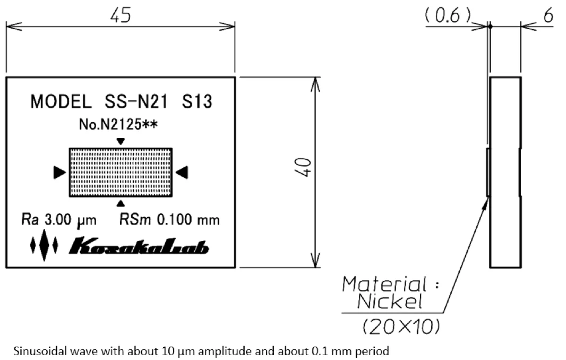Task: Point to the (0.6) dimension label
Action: click(x=448, y=16)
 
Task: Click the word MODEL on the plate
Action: click(x=60, y=101)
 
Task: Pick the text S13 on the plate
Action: click(x=197, y=101)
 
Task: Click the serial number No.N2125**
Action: click(x=119, y=125)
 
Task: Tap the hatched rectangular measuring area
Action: click(x=121, y=172)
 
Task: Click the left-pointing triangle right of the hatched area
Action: click(x=182, y=172)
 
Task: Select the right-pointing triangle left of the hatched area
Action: click(x=59, y=172)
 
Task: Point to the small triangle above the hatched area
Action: click(x=121, y=141)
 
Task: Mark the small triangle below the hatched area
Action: click(x=121, y=202)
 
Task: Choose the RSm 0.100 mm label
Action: click(x=169, y=220)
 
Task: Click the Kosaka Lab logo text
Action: click(x=139, y=246)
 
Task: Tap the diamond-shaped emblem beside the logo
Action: click(x=45, y=246)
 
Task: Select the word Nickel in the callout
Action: click(x=390, y=302)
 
